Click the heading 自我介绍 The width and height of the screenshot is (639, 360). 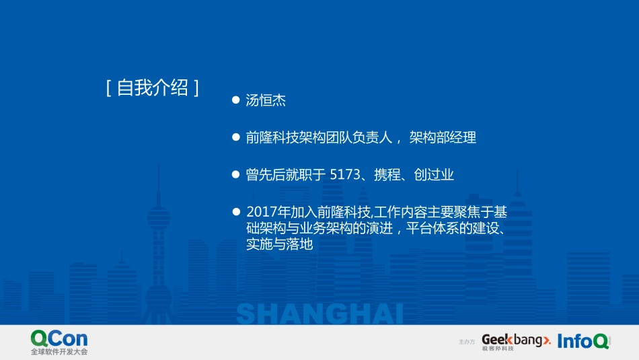coord(153,88)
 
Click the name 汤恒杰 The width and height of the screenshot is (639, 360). coord(266,100)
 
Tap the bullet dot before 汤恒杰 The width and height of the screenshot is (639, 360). coord(235,100)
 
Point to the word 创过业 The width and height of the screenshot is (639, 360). coord(434,175)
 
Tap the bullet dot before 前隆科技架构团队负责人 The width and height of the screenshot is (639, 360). coord(235,137)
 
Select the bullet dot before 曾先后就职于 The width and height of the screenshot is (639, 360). coord(235,174)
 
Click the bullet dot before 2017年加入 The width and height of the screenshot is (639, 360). coord(235,211)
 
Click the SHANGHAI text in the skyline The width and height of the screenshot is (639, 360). coord(319,314)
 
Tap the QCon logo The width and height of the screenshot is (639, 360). coord(59,338)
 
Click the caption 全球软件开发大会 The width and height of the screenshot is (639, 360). coord(59,352)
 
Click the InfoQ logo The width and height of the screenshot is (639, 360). coord(582,341)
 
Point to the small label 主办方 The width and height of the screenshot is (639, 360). coord(467,343)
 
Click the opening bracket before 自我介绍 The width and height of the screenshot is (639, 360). coord(108,88)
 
